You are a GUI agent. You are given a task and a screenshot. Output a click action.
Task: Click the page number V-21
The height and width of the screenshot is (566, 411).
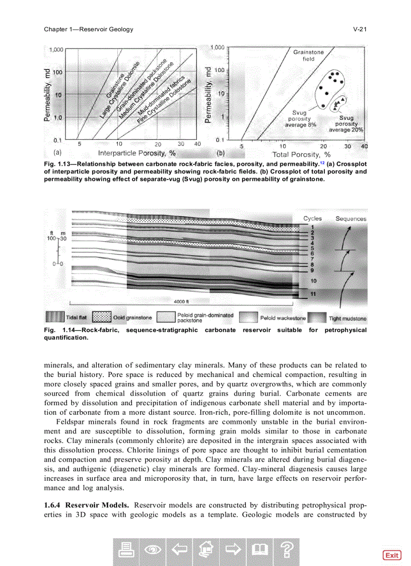pos(359,29)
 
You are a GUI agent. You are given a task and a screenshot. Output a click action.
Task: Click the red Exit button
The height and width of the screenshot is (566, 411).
pos(391,555)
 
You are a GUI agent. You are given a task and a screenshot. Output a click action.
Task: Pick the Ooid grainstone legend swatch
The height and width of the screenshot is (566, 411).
pos(102,318)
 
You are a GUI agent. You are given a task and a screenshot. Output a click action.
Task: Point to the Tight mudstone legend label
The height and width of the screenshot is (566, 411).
pos(348,319)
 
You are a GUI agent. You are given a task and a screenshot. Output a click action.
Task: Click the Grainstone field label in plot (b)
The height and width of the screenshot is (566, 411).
pos(308,55)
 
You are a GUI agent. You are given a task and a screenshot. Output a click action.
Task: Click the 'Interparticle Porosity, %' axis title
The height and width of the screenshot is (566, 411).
pos(136,153)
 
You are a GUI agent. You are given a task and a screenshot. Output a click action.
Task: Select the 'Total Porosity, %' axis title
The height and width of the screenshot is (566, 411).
pos(301,154)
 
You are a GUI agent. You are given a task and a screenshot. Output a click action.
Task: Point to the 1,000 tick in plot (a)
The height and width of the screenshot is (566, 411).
pos(55,49)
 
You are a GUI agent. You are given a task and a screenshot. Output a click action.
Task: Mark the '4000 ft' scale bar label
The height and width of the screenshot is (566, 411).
pos(181,302)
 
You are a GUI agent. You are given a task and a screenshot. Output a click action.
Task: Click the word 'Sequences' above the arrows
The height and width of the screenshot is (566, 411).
pos(351,219)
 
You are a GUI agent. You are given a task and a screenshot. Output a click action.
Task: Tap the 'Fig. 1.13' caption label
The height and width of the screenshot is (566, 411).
pos(56,164)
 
